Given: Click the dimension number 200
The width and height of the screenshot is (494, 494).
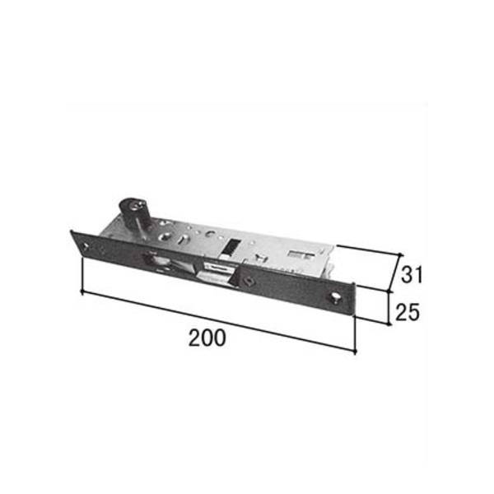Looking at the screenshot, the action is tap(207, 338).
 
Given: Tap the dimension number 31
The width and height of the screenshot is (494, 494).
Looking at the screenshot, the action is tap(412, 274).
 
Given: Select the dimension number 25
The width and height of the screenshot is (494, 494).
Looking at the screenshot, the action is tap(408, 312).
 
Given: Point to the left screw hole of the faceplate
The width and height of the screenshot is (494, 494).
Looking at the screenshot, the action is tap(86, 246).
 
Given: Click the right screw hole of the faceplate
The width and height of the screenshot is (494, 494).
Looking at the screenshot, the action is tap(335, 296).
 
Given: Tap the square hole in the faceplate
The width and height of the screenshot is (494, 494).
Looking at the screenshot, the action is tap(249, 280).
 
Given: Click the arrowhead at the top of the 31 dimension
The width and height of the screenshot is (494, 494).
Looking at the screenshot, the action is tap(400, 254).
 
